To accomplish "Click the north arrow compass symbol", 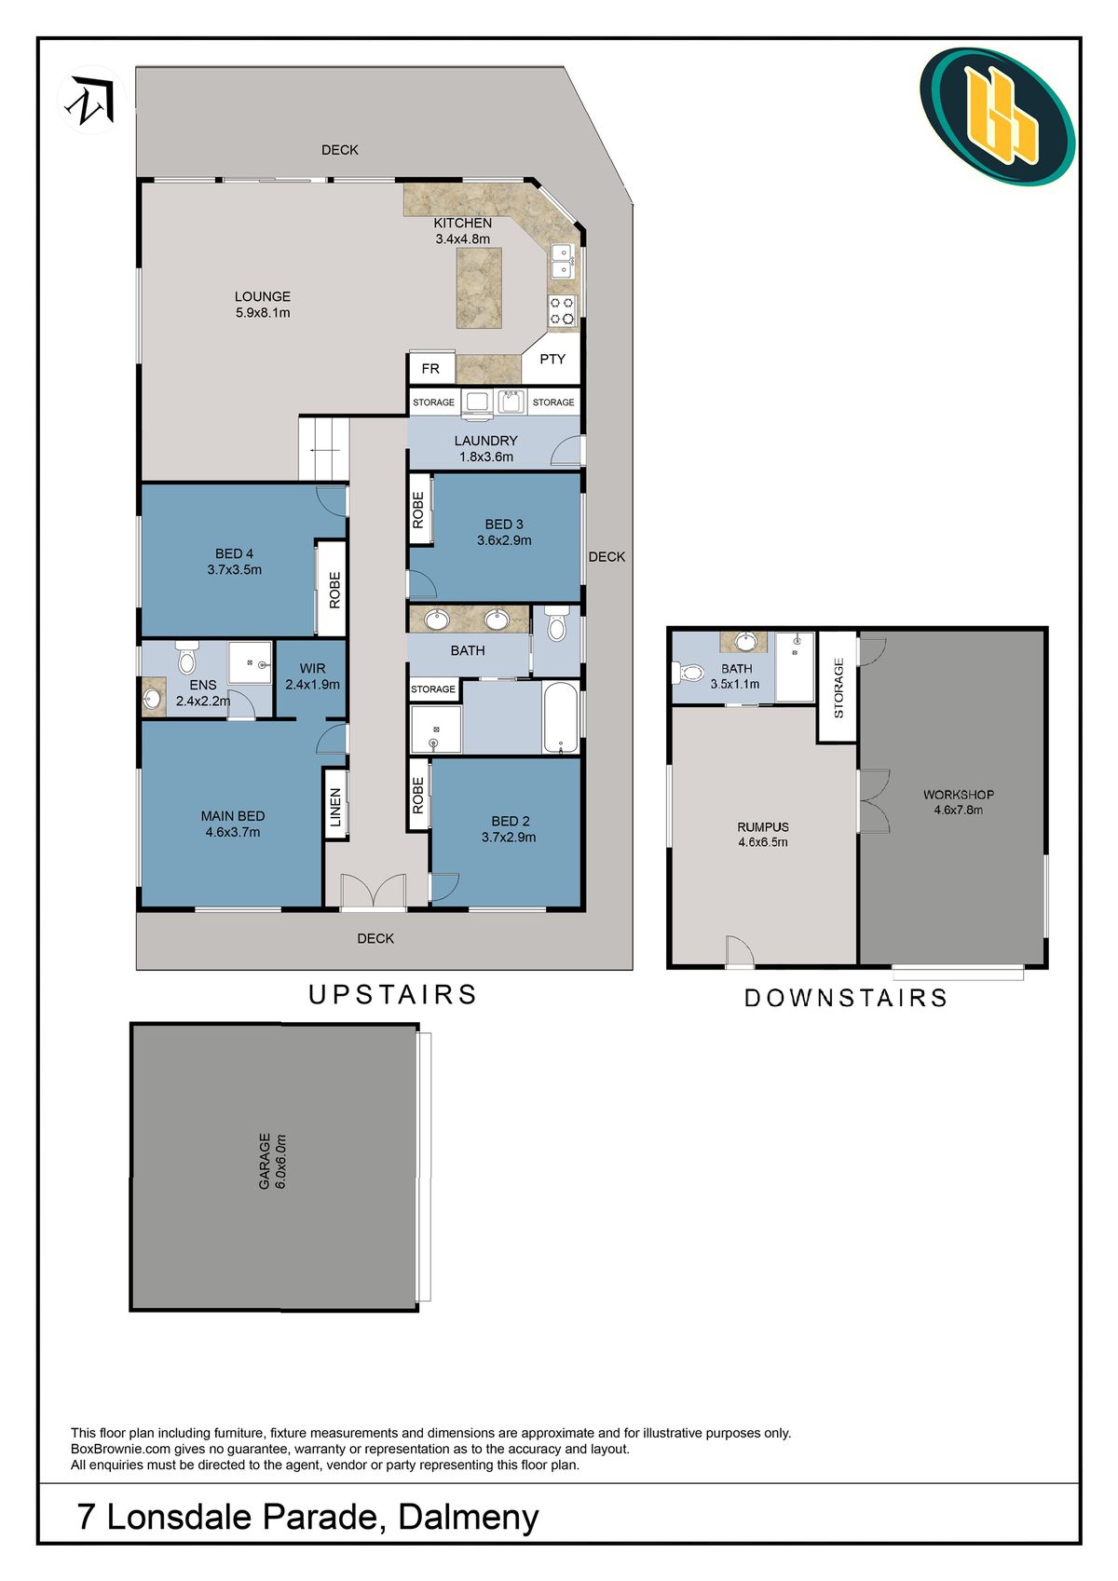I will coord(91,100).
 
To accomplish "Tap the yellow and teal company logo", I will coord(997,116).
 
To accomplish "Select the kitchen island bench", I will coord(479,287).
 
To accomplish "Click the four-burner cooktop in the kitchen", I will coord(562,310).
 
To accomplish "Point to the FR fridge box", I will coord(430,368).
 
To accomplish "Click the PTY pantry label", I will coord(552,359).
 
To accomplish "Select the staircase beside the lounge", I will coord(323,449).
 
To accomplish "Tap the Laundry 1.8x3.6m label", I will coord(485,448).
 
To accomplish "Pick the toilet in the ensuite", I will coord(186,658).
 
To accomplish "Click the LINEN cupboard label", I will coord(336,807).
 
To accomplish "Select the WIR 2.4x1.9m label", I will coord(312,676).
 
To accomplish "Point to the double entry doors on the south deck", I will coord(373,892).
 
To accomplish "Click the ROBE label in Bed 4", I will coord(334,590).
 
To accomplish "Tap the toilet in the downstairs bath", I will coord(689,672).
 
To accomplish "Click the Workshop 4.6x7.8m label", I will coord(958,802).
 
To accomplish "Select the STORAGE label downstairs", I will coord(838,688).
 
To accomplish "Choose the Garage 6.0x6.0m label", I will coord(272,1161).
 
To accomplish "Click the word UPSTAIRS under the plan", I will coord(392,995).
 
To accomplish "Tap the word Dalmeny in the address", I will coord(468,1517).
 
